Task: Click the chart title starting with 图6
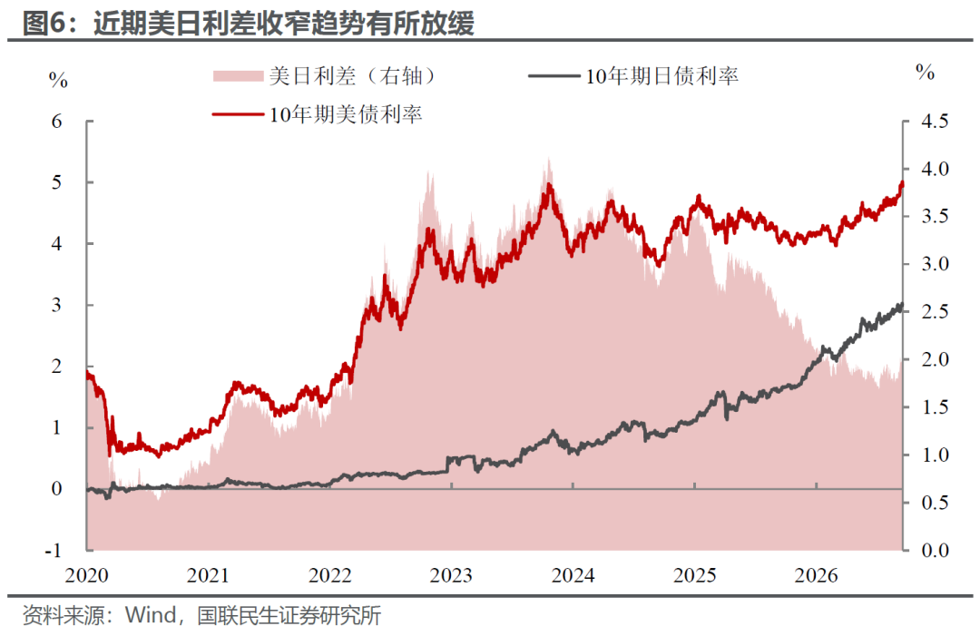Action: [248, 23]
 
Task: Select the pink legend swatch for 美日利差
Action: [238, 76]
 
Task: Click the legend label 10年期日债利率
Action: [661, 76]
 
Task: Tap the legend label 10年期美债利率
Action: [346, 114]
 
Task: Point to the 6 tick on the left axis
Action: [57, 122]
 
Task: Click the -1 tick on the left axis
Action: [54, 551]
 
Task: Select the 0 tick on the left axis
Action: [57, 488]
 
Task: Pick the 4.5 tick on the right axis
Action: [935, 121]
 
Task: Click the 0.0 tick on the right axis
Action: [935, 551]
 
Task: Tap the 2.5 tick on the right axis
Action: [935, 312]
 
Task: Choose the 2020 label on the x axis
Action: [86, 575]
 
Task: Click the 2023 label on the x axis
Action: [451, 575]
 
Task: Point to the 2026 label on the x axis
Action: [817, 575]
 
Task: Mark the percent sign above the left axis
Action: [58, 80]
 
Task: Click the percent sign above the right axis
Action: [925, 72]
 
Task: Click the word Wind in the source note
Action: [151, 615]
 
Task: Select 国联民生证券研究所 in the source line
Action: [289, 616]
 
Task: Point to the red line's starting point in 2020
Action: [87, 373]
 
